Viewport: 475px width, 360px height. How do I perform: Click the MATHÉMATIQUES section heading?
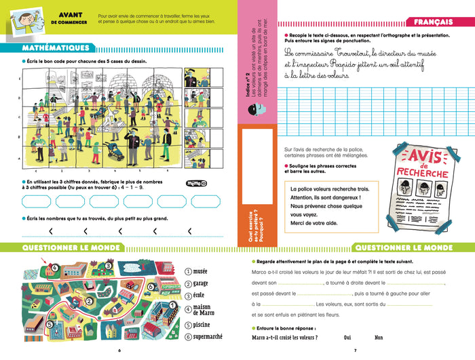click(x=56, y=48)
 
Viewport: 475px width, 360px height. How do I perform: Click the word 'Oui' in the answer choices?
click(x=347, y=337)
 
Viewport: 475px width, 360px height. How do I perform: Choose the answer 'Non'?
click(x=379, y=337)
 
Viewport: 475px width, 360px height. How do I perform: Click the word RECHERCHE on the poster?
click(x=423, y=174)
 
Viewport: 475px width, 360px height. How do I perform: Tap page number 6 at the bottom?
click(x=119, y=351)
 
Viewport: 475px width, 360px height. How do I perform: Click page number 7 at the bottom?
click(x=356, y=351)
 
